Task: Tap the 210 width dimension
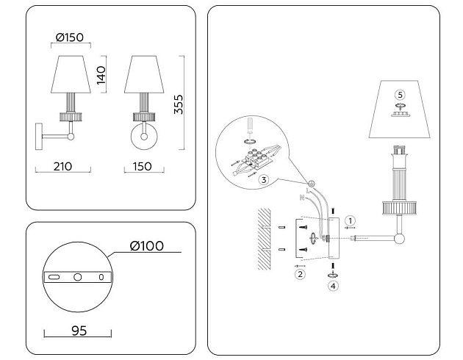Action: point(62,166)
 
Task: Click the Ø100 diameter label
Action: point(146,245)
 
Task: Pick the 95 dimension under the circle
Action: point(79,331)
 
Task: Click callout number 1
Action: point(351,220)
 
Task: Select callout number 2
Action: point(299,275)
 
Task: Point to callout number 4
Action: point(332,287)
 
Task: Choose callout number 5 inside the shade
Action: point(399,95)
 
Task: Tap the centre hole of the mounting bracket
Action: point(77,278)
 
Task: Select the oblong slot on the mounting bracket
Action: point(55,278)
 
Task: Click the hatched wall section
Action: point(262,239)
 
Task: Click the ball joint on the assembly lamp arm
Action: point(399,239)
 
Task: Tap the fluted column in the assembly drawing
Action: point(400,177)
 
